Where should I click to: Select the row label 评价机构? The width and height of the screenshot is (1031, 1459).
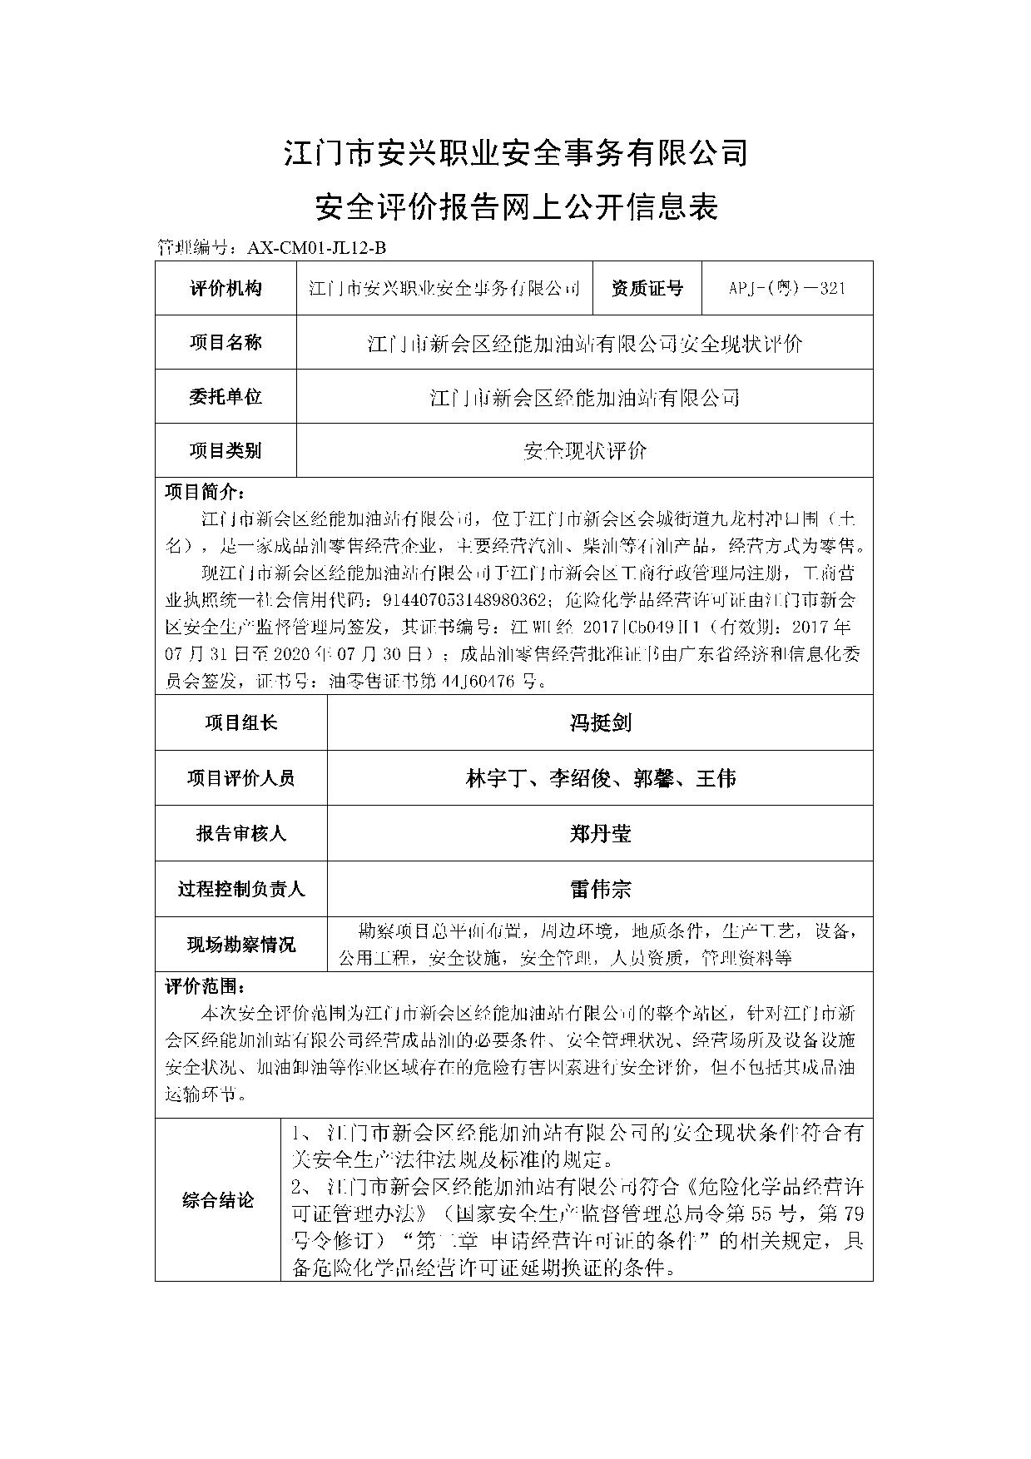pos(226,289)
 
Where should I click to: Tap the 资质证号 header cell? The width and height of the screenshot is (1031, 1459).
pos(647,289)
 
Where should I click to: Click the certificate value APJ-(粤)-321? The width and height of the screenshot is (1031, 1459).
pos(786,289)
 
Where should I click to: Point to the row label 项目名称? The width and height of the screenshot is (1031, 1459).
pos(226,343)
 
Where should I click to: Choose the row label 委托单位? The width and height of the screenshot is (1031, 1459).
pos(226,397)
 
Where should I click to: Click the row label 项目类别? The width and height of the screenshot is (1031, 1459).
pos(226,451)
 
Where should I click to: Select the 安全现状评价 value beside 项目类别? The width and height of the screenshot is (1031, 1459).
pos(585,451)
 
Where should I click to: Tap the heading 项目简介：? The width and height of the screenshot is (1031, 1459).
pos(205,491)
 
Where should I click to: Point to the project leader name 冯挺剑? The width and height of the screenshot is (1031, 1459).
pos(600,723)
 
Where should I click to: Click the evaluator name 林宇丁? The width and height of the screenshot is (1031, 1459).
pos(498,779)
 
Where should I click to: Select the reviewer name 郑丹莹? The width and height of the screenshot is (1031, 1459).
pos(600,834)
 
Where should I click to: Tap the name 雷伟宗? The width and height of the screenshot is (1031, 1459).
pos(600,890)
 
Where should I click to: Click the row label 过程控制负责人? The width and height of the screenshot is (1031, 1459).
pos(240,890)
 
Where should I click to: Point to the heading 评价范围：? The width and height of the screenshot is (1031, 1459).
pos(205,987)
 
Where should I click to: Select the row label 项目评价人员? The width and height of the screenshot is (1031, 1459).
pos(240,779)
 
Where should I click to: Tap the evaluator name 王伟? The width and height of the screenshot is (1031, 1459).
pos(715,779)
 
